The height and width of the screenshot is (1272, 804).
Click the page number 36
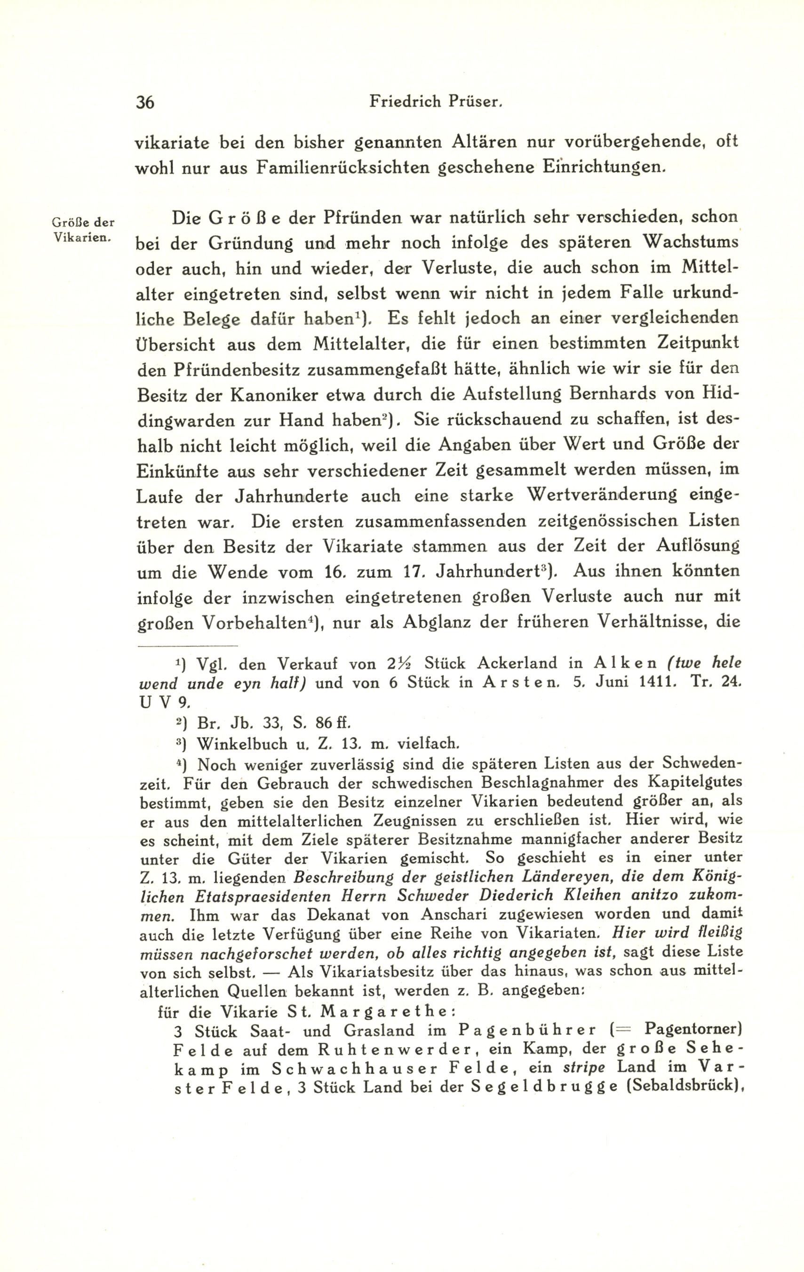click(x=145, y=102)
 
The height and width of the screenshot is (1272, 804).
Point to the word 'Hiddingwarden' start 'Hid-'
click(x=721, y=395)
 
